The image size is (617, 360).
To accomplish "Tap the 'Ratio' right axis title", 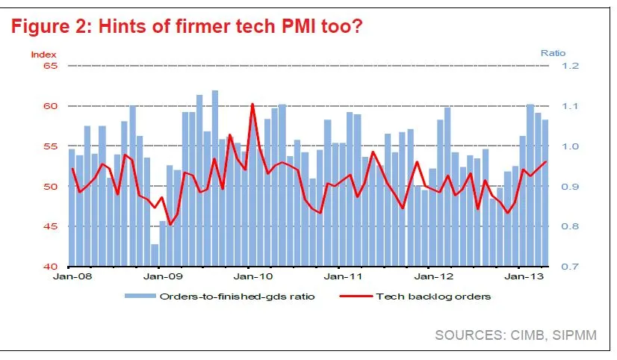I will coord(552,53).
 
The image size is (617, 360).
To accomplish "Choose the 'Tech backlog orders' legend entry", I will coord(434,297).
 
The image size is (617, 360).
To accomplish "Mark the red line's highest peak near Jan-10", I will coord(252,104).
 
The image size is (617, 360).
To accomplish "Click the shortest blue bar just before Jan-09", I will coord(155,255).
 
